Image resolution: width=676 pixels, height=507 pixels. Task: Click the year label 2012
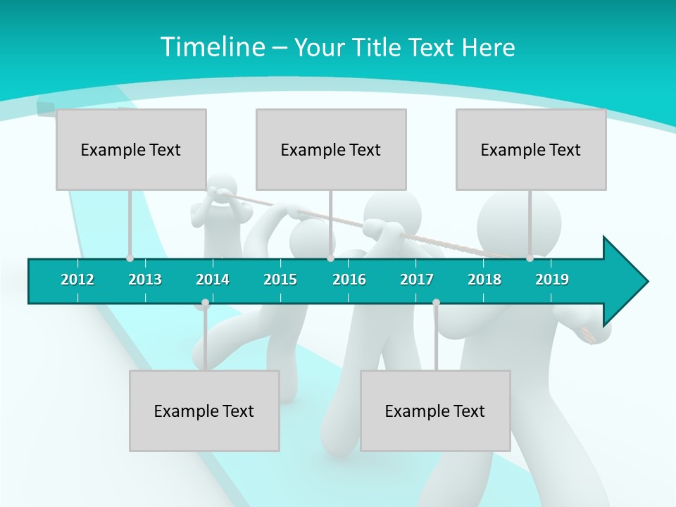[x=77, y=280]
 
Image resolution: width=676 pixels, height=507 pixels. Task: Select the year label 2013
[x=145, y=280]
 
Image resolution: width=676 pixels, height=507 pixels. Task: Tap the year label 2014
[x=213, y=280]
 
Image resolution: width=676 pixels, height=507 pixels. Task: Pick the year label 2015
[x=280, y=280]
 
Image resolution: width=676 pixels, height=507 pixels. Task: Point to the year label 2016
[x=349, y=280]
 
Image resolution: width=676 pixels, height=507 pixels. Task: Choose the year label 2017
[x=417, y=280]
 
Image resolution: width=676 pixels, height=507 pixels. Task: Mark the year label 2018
[x=484, y=280]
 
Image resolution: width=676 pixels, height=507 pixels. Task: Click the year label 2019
[x=552, y=280]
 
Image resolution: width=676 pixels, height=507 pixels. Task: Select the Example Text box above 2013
[x=131, y=149]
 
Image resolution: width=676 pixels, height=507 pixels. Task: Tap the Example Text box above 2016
[x=331, y=149]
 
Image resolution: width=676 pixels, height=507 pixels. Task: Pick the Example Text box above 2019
[x=531, y=149]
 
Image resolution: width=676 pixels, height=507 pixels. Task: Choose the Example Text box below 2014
[x=204, y=411]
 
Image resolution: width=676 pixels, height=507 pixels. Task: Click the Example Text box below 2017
[x=435, y=411]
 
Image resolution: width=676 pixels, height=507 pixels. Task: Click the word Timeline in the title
[x=212, y=47]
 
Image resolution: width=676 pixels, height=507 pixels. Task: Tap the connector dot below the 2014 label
[x=205, y=303]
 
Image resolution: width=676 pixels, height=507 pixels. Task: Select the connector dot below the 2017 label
[x=436, y=303]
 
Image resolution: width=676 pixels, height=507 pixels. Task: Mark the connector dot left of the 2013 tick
[x=130, y=258]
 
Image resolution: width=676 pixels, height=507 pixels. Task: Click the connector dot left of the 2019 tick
[x=530, y=258]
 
